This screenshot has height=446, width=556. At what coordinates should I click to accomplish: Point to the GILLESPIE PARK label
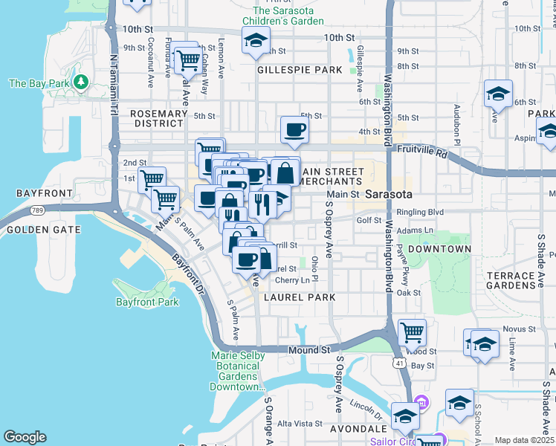(300, 70)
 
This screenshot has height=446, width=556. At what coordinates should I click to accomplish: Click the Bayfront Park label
(147, 302)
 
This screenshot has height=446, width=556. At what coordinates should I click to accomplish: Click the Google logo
(25, 437)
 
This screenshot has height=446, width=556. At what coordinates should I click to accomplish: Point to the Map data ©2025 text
(523, 440)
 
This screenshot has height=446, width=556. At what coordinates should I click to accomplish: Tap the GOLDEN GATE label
(43, 230)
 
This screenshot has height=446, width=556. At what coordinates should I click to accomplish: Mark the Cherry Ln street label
(292, 280)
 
